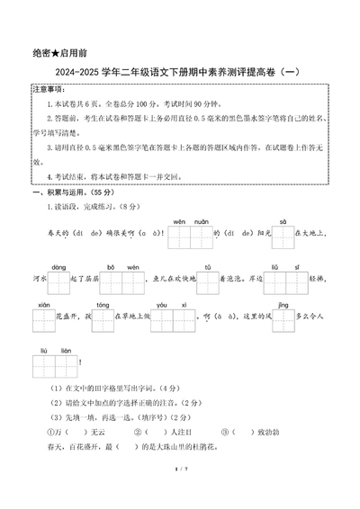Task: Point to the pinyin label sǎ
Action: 283,220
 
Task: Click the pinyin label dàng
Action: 58,267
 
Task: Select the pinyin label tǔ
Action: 208,267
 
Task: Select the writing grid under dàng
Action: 58,284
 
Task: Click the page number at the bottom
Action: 180,493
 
